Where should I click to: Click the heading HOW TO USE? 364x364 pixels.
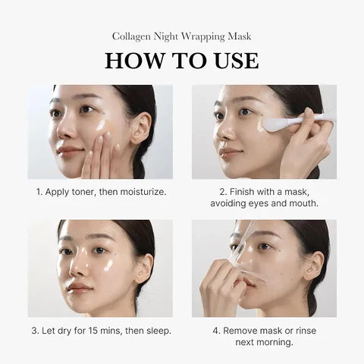[182, 61]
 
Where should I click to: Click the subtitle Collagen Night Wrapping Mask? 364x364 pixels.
[182, 36]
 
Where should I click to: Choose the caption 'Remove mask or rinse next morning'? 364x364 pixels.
[263, 336]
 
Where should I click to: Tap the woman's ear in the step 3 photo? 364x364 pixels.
[141, 267]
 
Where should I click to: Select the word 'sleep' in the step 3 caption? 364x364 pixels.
[156, 331]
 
